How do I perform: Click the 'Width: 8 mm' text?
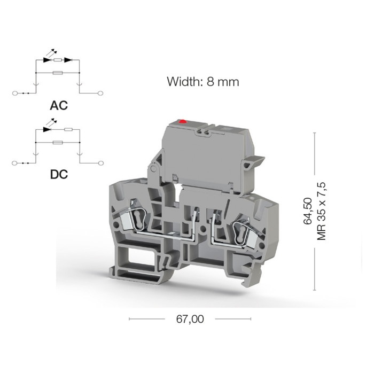[x=202, y=82]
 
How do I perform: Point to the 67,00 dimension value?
[x=190, y=319]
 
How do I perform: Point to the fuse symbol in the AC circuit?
[x=58, y=72]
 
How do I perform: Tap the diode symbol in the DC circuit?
[x=47, y=129]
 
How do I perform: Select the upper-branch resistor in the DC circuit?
[x=68, y=129]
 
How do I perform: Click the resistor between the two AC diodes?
[x=58, y=60]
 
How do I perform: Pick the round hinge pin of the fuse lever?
[x=154, y=169]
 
